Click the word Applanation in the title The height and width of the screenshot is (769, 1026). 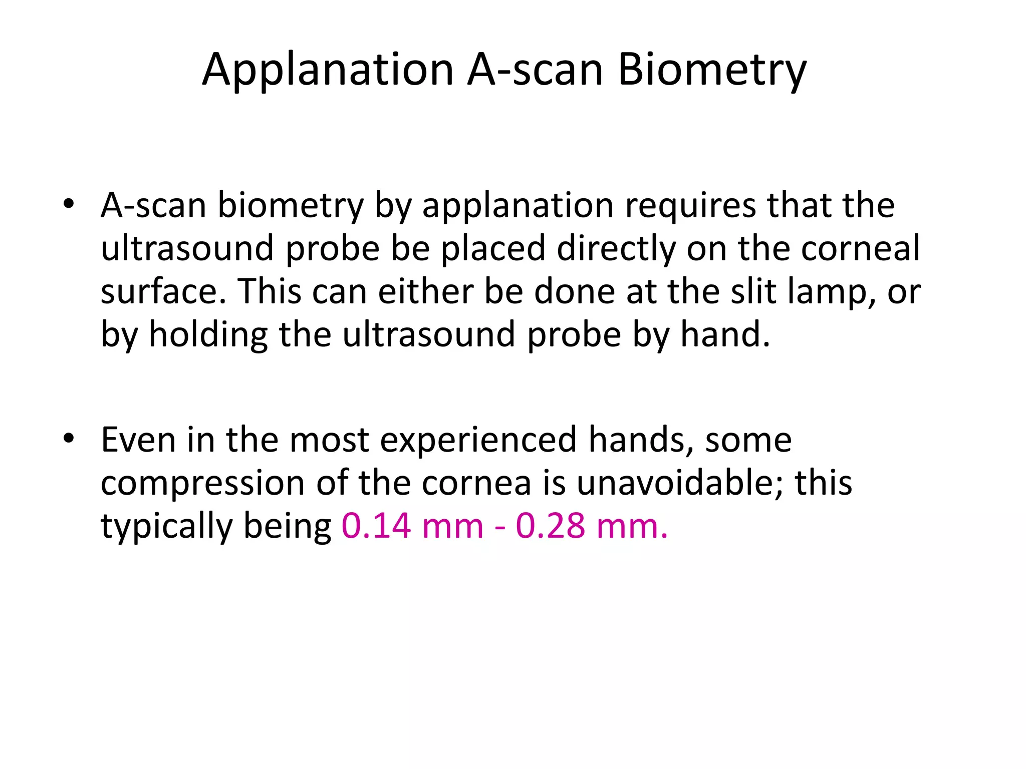click(328, 70)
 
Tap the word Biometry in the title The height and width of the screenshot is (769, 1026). click(712, 70)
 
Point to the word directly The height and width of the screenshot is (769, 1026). click(616, 249)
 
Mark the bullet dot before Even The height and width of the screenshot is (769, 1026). click(69, 439)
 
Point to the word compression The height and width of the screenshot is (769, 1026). click(203, 483)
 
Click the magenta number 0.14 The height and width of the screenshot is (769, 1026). click(376, 526)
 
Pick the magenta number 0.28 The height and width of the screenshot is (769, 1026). click(551, 526)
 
